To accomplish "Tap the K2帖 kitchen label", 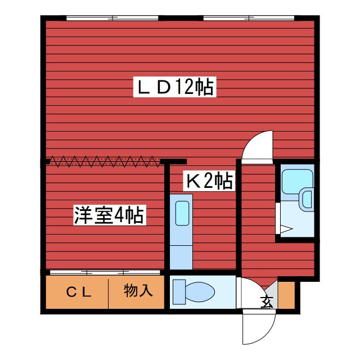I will point(210,181).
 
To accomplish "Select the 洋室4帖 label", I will point(110,215).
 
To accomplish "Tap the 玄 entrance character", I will point(266,301).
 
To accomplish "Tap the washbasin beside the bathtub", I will point(307,199).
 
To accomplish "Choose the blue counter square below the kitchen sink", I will point(181,256).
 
